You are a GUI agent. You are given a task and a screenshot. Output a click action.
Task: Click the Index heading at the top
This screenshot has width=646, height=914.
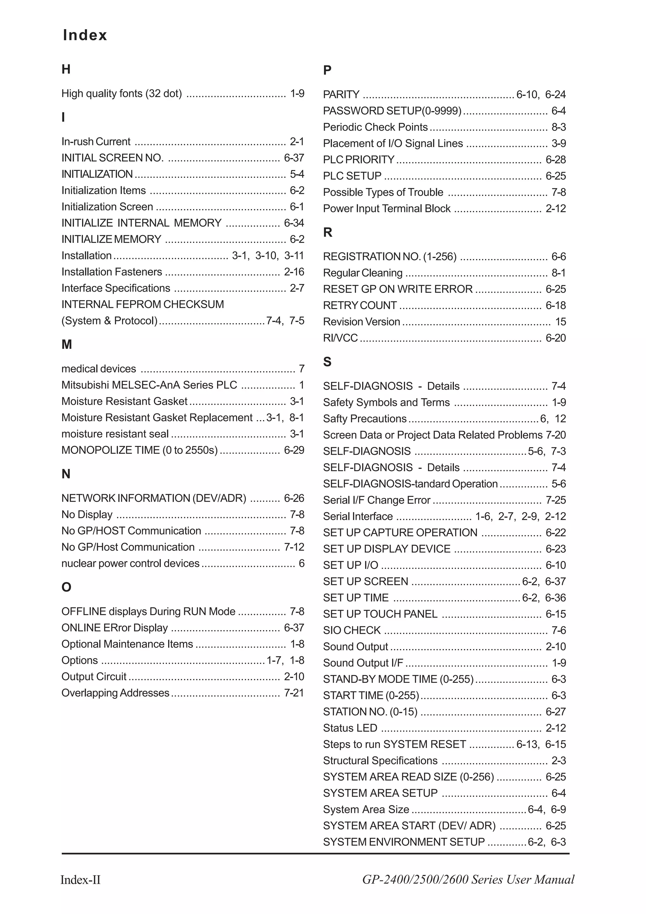pos(85,35)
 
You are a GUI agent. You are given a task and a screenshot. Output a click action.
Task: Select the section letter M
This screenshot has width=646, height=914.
pos(67,344)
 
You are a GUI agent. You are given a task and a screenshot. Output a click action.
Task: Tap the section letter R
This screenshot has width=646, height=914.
pos(328,232)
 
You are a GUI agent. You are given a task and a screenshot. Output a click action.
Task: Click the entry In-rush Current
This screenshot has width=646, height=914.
pos(96,142)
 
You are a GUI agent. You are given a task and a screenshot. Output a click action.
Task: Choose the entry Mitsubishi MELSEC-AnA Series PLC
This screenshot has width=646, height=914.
pos(149,385)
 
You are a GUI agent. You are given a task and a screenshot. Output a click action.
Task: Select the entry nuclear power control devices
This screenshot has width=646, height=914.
pos(130,563)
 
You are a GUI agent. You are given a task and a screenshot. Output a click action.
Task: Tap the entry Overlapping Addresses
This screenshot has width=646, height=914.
pos(115,693)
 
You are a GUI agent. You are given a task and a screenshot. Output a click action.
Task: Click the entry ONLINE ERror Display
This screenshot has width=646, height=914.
pos(115,628)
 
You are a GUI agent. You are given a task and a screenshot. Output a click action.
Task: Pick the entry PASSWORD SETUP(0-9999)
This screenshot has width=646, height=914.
pos(392,111)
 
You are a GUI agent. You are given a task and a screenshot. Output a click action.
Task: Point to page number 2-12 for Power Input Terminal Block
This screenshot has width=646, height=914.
pos(556,208)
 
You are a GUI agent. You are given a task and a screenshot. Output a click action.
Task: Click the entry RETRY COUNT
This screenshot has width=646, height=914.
pos(360,305)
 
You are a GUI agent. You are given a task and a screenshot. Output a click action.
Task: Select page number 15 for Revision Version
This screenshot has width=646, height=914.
pos(561,322)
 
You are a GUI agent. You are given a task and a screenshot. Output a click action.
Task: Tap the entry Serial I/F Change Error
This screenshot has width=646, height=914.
pos(377,500)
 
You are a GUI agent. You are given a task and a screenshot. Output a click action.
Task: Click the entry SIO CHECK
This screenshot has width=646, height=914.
pos(352,630)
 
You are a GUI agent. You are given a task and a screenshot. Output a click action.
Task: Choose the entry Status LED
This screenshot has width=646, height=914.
pos(350,728)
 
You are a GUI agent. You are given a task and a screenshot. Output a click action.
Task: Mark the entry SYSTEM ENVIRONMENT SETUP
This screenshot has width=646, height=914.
pos(404,842)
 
